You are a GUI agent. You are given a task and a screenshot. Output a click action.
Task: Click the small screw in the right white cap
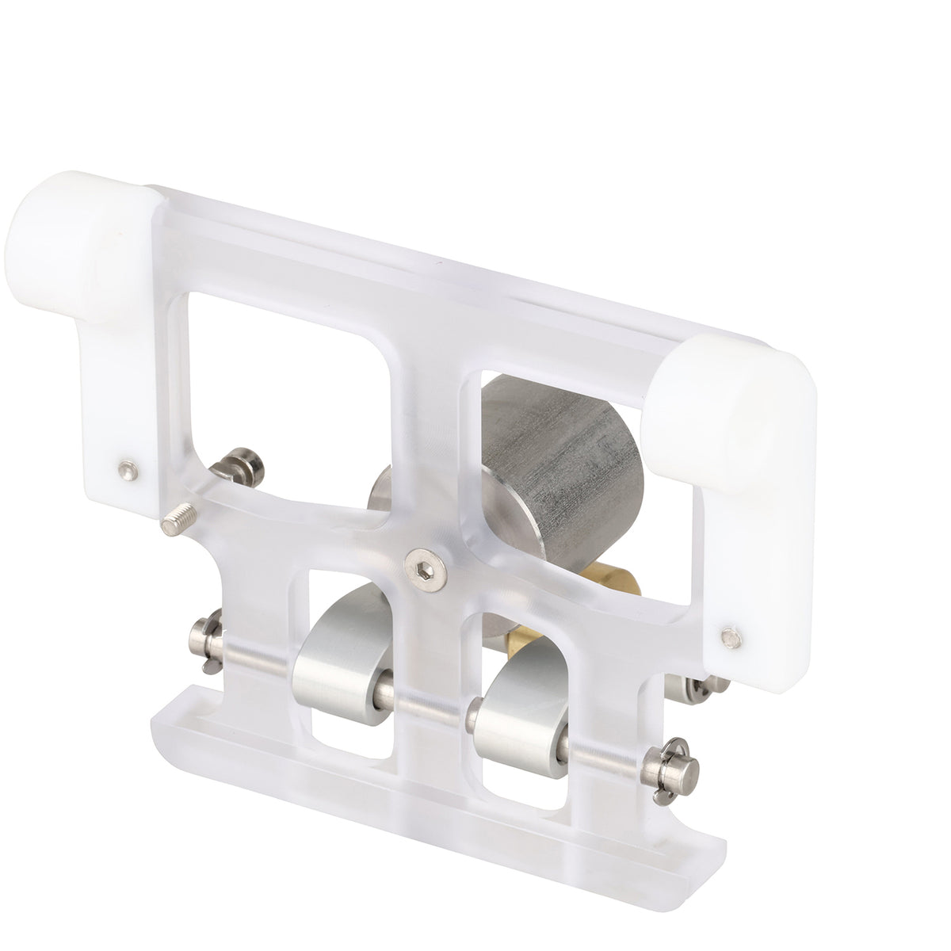[728, 634]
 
